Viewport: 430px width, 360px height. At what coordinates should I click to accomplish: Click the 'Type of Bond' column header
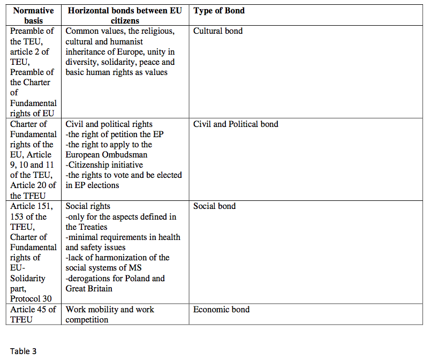click(219, 11)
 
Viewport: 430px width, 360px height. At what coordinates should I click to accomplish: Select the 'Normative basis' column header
click(33, 16)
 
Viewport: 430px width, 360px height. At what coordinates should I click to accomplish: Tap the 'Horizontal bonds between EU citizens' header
click(125, 16)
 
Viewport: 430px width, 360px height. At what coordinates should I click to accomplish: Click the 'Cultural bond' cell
click(218, 31)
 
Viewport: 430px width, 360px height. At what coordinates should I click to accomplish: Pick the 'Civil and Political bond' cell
click(236, 124)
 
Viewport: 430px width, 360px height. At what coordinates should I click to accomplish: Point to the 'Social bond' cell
click(215, 206)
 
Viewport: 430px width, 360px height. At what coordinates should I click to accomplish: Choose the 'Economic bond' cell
click(221, 309)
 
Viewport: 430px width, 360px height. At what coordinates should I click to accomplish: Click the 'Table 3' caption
click(23, 351)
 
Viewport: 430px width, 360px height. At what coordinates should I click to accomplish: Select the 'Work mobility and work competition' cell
click(110, 314)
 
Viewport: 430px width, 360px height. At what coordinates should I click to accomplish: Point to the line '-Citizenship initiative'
click(104, 165)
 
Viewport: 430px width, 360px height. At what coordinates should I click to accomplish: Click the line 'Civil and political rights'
click(109, 124)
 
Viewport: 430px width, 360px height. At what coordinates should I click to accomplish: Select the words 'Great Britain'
click(88, 289)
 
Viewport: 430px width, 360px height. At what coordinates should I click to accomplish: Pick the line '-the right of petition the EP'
click(114, 134)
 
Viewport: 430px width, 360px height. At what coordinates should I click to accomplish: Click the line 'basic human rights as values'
click(116, 72)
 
